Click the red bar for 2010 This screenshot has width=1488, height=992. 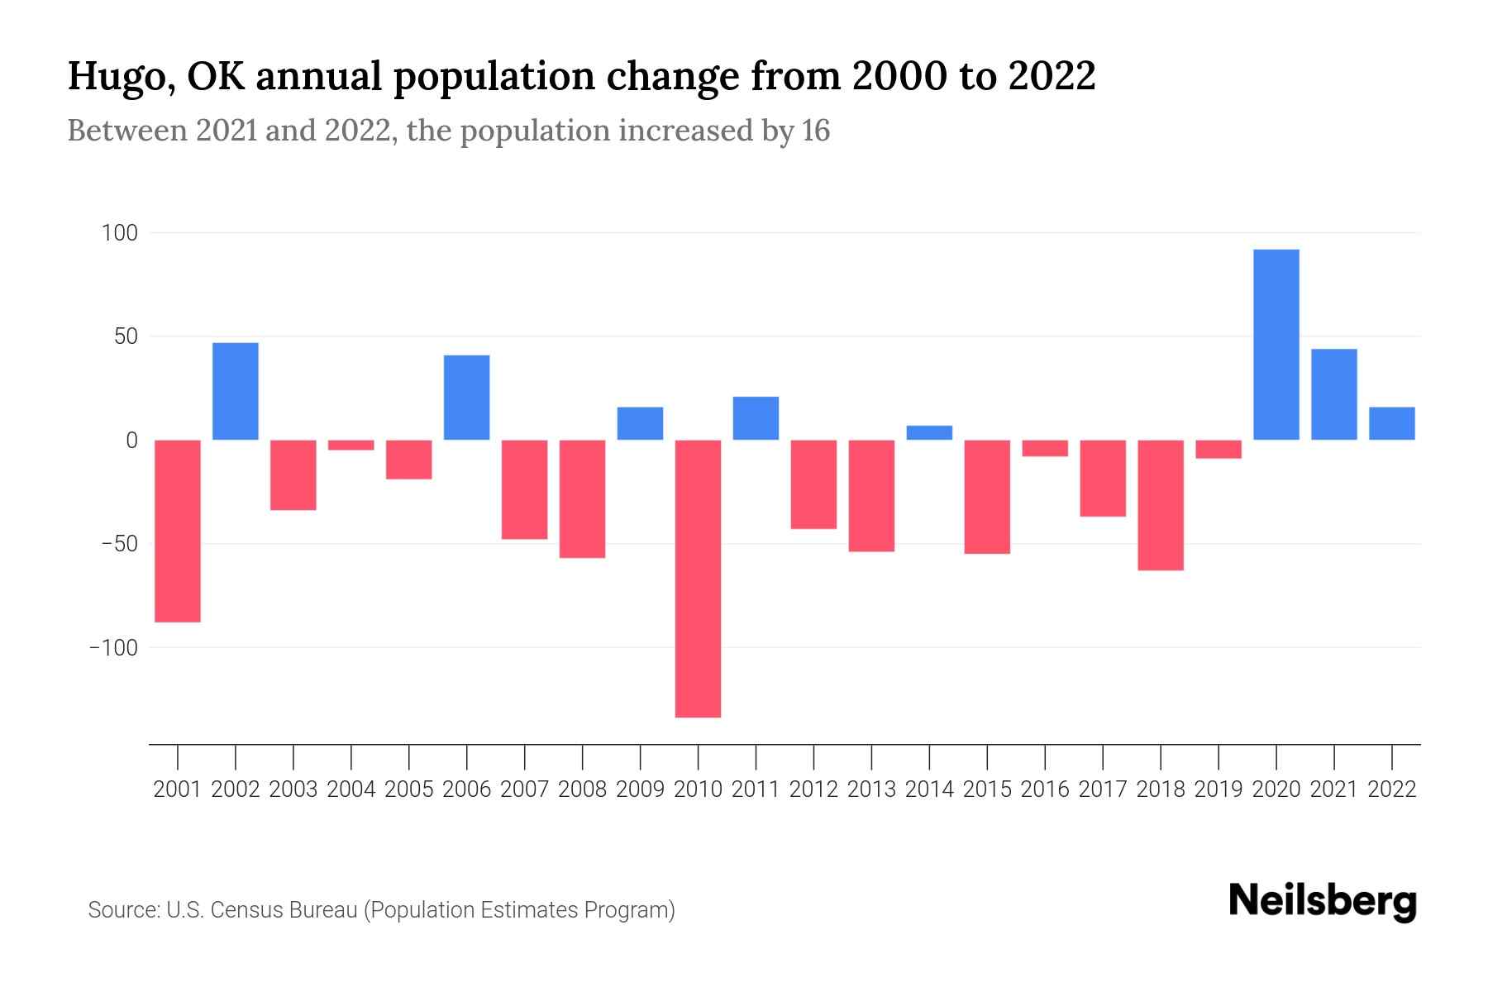pos(698,579)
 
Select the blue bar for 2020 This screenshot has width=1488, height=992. pos(1276,345)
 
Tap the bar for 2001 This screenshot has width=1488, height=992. pos(178,531)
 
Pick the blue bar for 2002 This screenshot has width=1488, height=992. pos(236,391)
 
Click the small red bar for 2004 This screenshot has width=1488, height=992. pos(351,445)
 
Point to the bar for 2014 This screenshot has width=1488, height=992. pos(929,432)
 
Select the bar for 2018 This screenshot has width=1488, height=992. pos(1160,505)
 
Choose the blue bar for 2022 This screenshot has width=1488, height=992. pos(1391,423)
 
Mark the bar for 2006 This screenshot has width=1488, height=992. pos(467,398)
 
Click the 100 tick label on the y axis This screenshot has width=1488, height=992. pos(119,233)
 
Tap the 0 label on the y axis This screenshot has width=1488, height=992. pos(131,441)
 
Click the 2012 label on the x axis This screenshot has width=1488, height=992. pos(813,789)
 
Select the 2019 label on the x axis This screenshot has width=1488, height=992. pos(1218,789)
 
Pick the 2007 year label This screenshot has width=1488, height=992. pos(524,789)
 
